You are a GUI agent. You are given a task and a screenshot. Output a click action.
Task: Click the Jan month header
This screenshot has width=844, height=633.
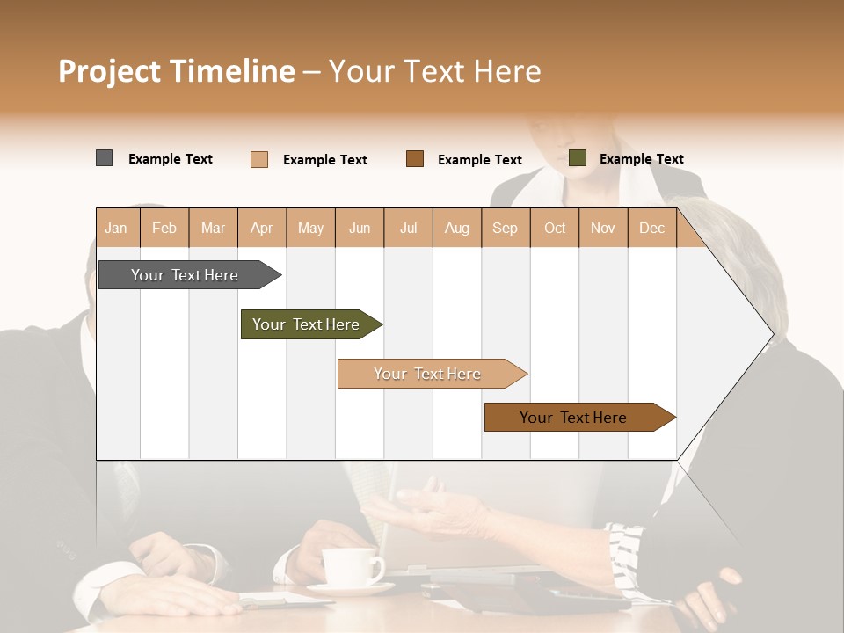point(116,228)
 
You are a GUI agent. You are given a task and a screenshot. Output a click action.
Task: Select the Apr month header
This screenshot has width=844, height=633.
point(261,228)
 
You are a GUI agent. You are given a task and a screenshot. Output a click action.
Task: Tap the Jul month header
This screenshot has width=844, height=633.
point(408,228)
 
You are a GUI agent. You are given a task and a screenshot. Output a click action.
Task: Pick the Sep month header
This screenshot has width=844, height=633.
point(505,228)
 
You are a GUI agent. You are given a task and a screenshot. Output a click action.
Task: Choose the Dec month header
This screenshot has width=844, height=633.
point(651,228)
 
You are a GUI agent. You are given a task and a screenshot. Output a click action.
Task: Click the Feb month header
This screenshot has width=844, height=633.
point(164,228)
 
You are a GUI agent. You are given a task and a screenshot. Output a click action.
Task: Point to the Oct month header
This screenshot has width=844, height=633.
point(555,228)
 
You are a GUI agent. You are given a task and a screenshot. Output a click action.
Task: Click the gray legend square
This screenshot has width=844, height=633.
point(104,158)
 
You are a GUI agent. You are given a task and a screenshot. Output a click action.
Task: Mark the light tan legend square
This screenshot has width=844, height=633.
point(259,159)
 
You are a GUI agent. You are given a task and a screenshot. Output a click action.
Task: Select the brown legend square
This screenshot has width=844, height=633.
point(415,158)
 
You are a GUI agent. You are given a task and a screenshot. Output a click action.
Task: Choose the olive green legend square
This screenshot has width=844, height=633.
point(578,158)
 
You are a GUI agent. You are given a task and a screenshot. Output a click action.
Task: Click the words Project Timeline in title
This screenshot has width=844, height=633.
point(177,71)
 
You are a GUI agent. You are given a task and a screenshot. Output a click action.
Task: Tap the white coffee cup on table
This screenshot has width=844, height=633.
point(350,567)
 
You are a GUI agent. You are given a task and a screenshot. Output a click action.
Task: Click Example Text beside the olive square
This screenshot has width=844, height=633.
point(641,159)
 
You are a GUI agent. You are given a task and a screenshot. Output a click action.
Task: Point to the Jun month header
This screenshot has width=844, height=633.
point(360,228)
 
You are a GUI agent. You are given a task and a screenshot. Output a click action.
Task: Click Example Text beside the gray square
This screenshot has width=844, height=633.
point(171,159)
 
